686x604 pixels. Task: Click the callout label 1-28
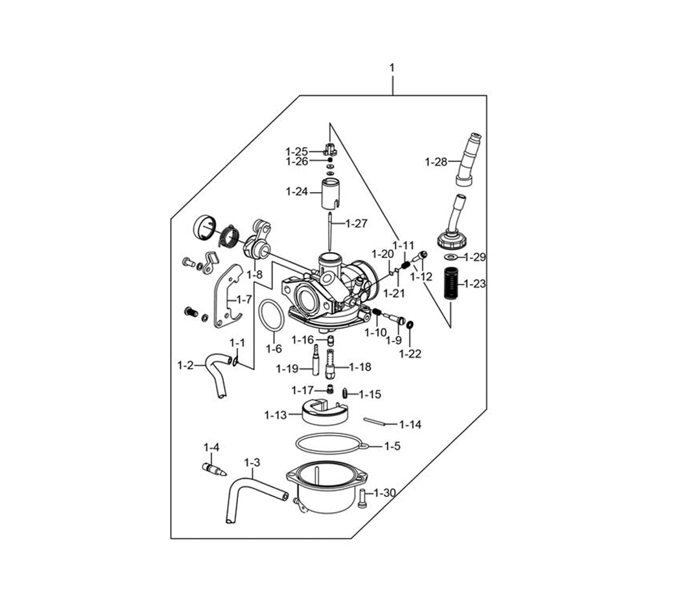(436, 162)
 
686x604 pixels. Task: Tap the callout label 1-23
(475, 283)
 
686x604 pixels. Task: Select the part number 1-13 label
(276, 415)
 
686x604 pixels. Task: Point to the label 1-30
(385, 493)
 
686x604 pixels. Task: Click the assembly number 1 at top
(392, 68)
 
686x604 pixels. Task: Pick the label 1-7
(244, 299)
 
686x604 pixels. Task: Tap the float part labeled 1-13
(324, 413)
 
